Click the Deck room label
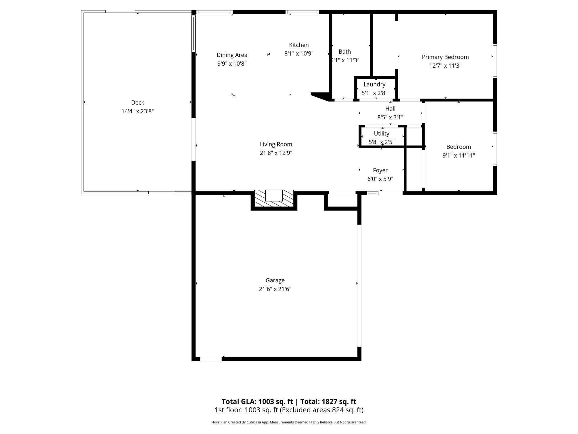coord(138,102)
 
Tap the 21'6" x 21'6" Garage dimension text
coord(275,289)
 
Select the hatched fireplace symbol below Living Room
coord(274,199)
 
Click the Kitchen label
coord(299,45)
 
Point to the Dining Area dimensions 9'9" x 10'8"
coord(232,64)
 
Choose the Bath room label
coord(345,51)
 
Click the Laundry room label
coord(374,84)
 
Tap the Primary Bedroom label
coord(445,57)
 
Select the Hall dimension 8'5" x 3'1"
coord(390,117)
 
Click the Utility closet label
coord(381,134)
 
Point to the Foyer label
coord(380,170)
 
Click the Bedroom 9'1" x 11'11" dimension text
coord(459,156)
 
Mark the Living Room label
coord(276,144)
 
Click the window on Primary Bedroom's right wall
coord(495,61)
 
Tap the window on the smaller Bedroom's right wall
coord(495,149)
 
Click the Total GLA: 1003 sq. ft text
coord(257,401)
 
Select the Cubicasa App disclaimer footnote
coord(289,422)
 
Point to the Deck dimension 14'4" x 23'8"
coord(138,111)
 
